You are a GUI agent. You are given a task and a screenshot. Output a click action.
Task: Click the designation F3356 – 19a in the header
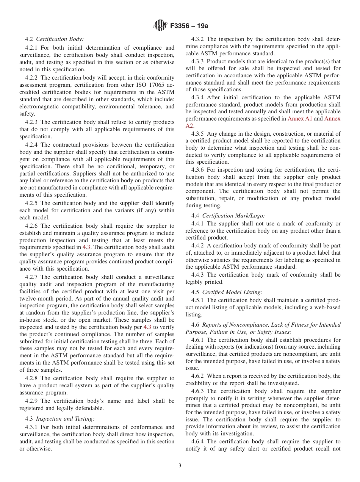(189, 26)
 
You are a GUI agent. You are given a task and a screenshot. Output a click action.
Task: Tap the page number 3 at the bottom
(180, 466)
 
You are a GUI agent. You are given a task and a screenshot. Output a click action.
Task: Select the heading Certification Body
(60, 39)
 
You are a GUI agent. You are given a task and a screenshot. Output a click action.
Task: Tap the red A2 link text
(189, 126)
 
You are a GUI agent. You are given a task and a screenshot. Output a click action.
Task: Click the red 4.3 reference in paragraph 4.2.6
(86, 247)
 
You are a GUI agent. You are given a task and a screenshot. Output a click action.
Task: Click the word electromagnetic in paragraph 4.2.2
(37, 106)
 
